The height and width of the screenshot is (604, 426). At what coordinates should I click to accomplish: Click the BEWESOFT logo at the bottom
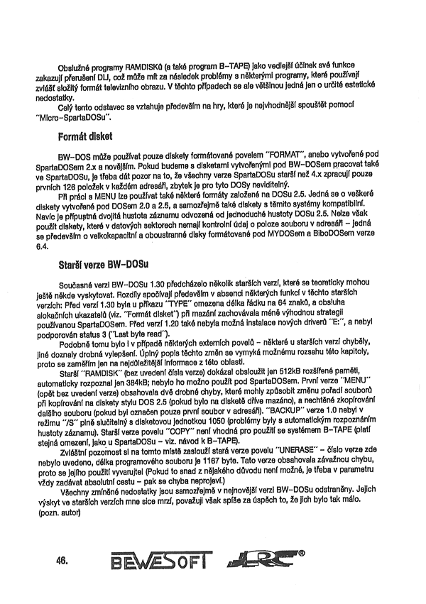point(160,562)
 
